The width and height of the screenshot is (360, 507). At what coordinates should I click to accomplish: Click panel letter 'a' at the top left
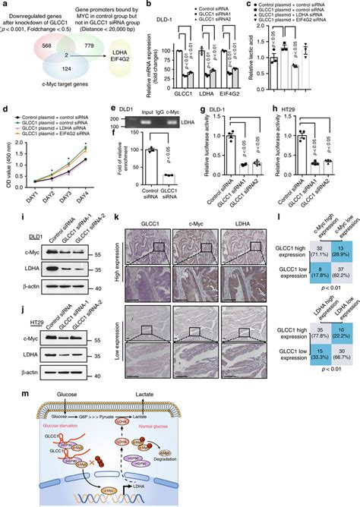point(6,5)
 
